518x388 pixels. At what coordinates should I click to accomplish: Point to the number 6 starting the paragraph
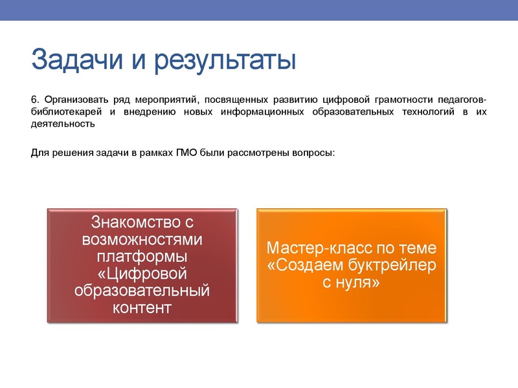[x=34, y=100]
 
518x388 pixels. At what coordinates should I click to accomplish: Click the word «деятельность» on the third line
[x=63, y=125]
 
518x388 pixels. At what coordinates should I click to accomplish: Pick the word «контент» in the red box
[x=142, y=307]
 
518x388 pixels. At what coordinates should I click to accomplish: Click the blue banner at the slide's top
[x=259, y=10]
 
